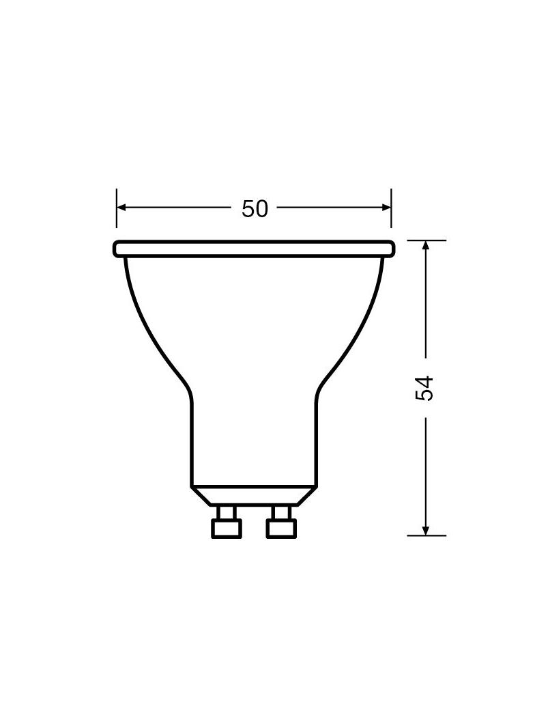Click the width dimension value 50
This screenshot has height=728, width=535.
point(255,208)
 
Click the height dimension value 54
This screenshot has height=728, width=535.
point(425,388)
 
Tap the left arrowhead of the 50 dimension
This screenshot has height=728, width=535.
point(121,208)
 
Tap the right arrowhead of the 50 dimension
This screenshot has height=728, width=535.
point(386,208)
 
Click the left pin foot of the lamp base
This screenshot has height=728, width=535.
point(227,529)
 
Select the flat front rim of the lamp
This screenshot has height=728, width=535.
point(254,249)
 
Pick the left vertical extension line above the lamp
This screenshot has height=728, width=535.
point(117,217)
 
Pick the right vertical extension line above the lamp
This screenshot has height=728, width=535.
point(391,217)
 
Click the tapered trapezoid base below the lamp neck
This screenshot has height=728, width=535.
point(253,496)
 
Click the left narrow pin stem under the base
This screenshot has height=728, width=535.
point(227,513)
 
